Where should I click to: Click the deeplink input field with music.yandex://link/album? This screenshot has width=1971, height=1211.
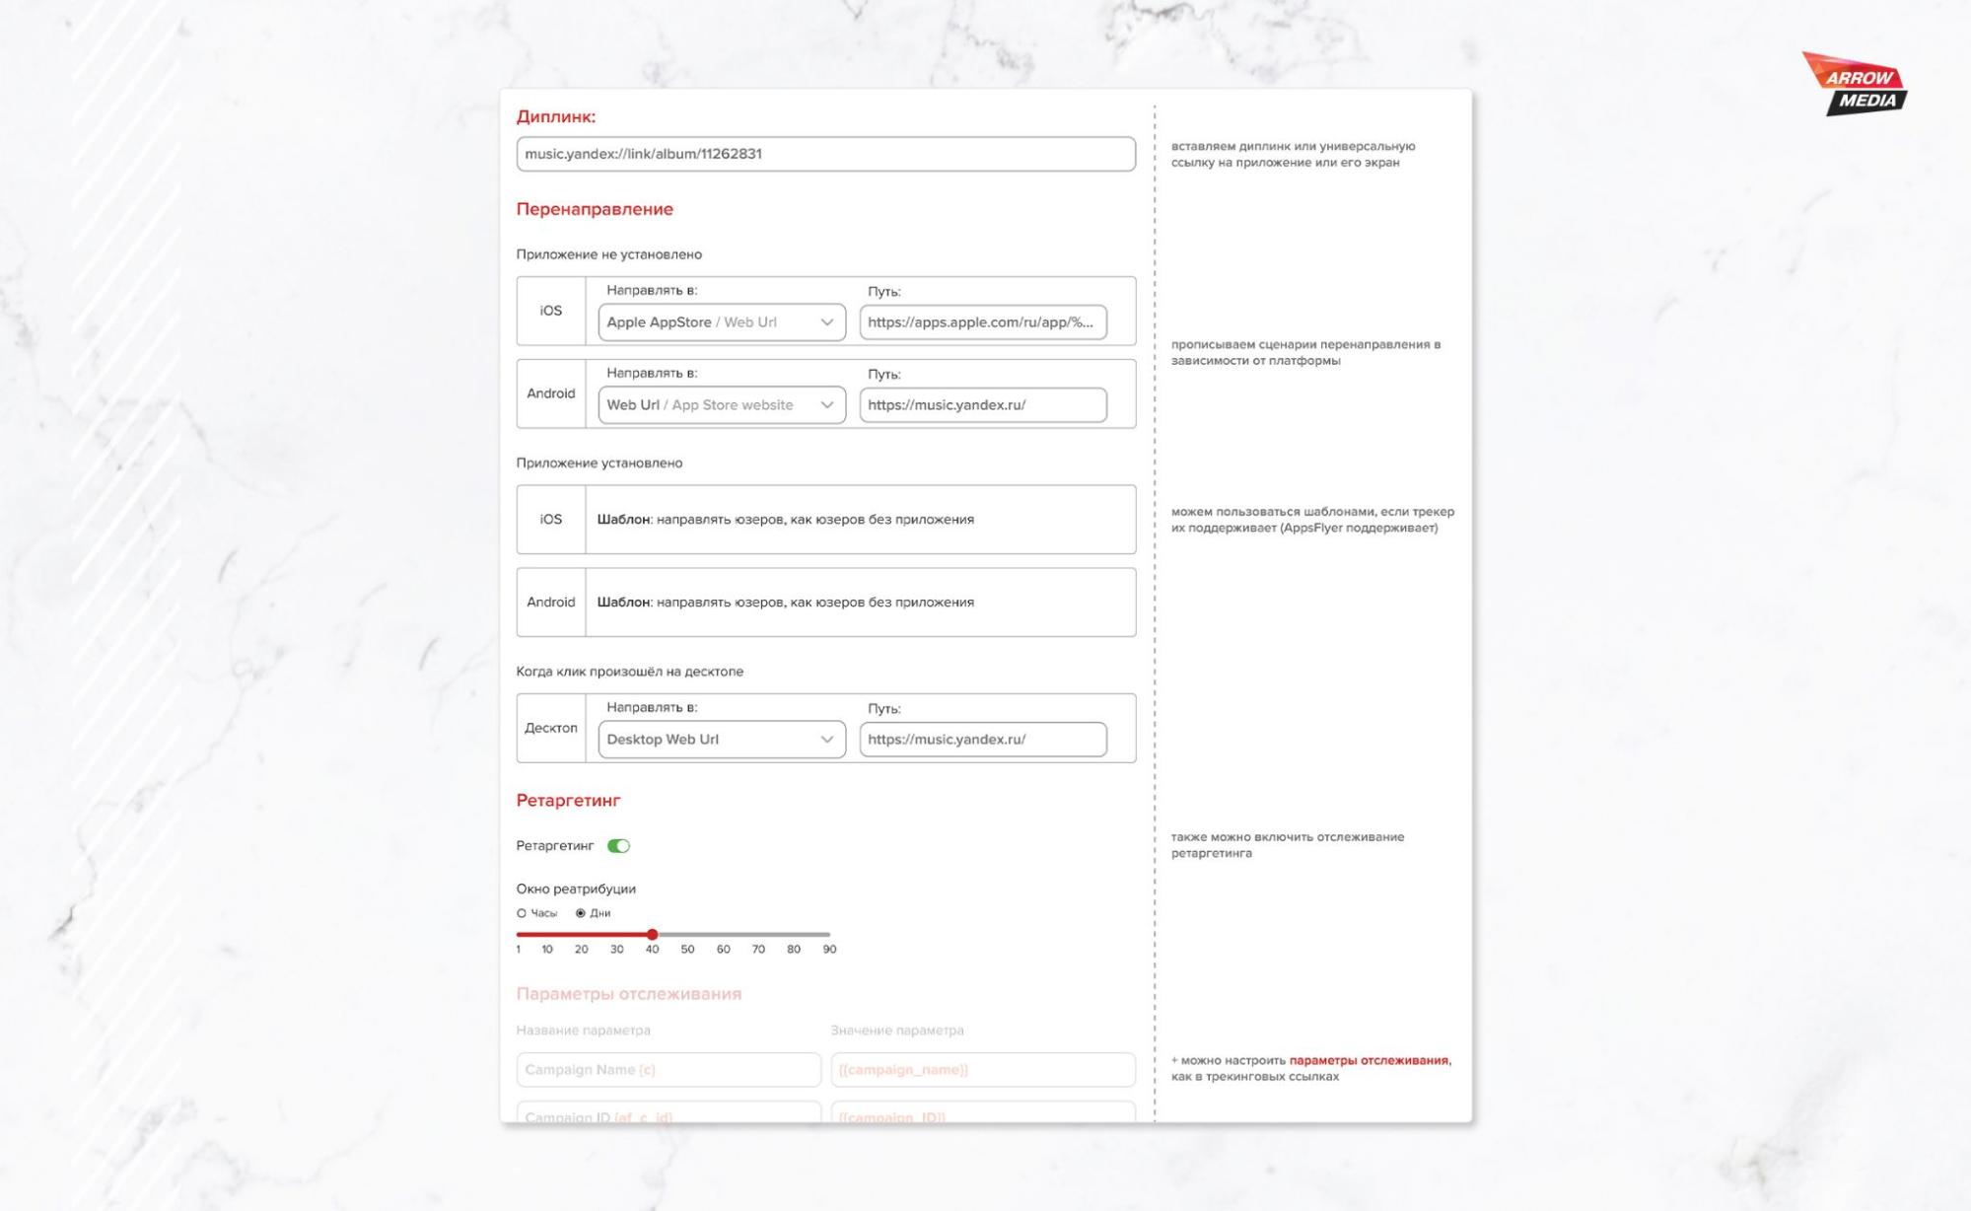pyautogui.click(x=825, y=154)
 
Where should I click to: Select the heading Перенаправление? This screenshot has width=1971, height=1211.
pyautogui.click(x=595, y=209)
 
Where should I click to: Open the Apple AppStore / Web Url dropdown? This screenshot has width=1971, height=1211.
pyautogui.click(x=721, y=322)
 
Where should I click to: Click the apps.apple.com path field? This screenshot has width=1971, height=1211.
pyautogui.click(x=982, y=322)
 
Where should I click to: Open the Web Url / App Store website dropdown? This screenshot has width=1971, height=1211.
pyautogui.click(x=721, y=405)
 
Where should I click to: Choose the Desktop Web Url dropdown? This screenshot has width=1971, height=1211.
pyautogui.click(x=721, y=740)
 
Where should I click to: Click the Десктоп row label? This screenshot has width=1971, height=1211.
pyautogui.click(x=551, y=728)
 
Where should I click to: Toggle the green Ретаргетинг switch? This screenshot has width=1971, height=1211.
pyautogui.click(x=618, y=846)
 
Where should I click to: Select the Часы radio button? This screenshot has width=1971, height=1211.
pyautogui.click(x=522, y=913)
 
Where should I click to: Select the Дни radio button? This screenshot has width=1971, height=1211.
pyautogui.click(x=581, y=913)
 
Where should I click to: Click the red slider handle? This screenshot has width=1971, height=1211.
pyautogui.click(x=652, y=934)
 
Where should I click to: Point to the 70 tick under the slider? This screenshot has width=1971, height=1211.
pyautogui.click(x=758, y=949)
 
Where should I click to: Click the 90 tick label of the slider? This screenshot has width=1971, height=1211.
pyautogui.click(x=829, y=949)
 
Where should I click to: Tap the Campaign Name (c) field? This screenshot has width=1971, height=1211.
pyautogui.click(x=668, y=1070)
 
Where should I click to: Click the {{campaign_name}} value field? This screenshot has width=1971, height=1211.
pyautogui.click(x=982, y=1070)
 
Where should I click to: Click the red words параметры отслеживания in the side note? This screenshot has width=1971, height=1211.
pyautogui.click(x=1369, y=1060)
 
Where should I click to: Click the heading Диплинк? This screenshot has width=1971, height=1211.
pyautogui.click(x=556, y=116)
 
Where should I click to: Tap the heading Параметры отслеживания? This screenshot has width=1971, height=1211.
pyautogui.click(x=628, y=994)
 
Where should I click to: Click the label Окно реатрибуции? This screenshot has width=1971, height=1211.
pyautogui.click(x=576, y=889)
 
